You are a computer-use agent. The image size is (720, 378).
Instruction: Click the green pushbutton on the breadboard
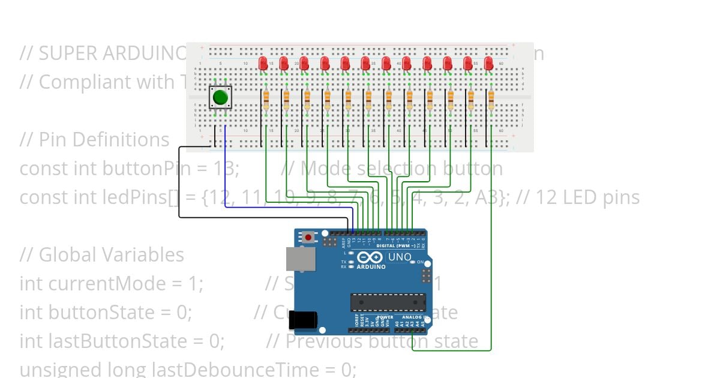tap(220, 97)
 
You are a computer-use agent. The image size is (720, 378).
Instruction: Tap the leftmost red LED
tap(263, 62)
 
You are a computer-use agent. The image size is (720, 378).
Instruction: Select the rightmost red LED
tap(488, 62)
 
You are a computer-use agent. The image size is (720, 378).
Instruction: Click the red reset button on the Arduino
tap(308, 237)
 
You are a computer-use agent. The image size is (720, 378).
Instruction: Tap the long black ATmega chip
tap(388, 302)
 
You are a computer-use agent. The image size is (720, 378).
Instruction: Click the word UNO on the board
tap(400, 257)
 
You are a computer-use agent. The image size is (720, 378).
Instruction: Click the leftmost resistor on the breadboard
tap(266, 100)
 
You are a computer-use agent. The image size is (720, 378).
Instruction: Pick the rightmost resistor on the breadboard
tap(491, 100)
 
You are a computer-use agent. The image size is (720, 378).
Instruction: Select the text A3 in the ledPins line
tap(493, 197)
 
